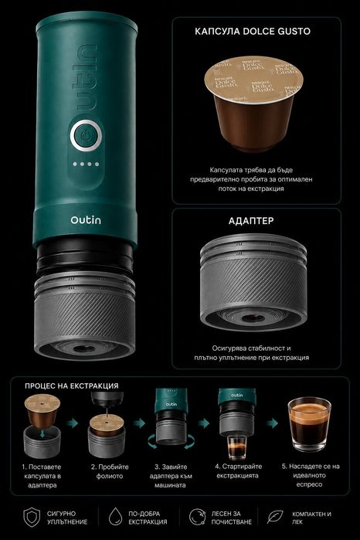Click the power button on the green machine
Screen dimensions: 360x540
click(86, 135)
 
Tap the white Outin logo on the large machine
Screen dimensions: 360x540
click(86, 219)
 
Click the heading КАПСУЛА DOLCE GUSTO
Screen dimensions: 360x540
click(253, 32)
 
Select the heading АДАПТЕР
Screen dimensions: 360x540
click(251, 221)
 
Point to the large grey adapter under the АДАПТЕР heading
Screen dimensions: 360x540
click(253, 282)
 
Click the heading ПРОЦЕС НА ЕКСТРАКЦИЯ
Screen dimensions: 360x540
click(72, 386)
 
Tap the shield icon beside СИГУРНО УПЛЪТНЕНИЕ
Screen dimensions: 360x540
click(32, 517)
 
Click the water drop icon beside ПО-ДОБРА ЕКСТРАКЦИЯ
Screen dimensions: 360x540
click(115, 517)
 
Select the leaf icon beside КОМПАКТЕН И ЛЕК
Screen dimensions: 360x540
click(275, 517)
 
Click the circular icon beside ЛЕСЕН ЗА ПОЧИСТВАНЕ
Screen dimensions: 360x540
click(198, 517)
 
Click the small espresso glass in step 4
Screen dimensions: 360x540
click(237, 447)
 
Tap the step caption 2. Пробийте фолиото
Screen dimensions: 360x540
click(110, 471)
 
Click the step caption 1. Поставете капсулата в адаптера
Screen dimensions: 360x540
click(42, 476)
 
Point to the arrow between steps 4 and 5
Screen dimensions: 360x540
click(272, 423)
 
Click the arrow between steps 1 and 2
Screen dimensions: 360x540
click(73, 423)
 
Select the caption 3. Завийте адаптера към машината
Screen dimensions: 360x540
click(171, 476)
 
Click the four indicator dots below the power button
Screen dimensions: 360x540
click(86, 164)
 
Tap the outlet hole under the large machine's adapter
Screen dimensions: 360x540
click(83, 348)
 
